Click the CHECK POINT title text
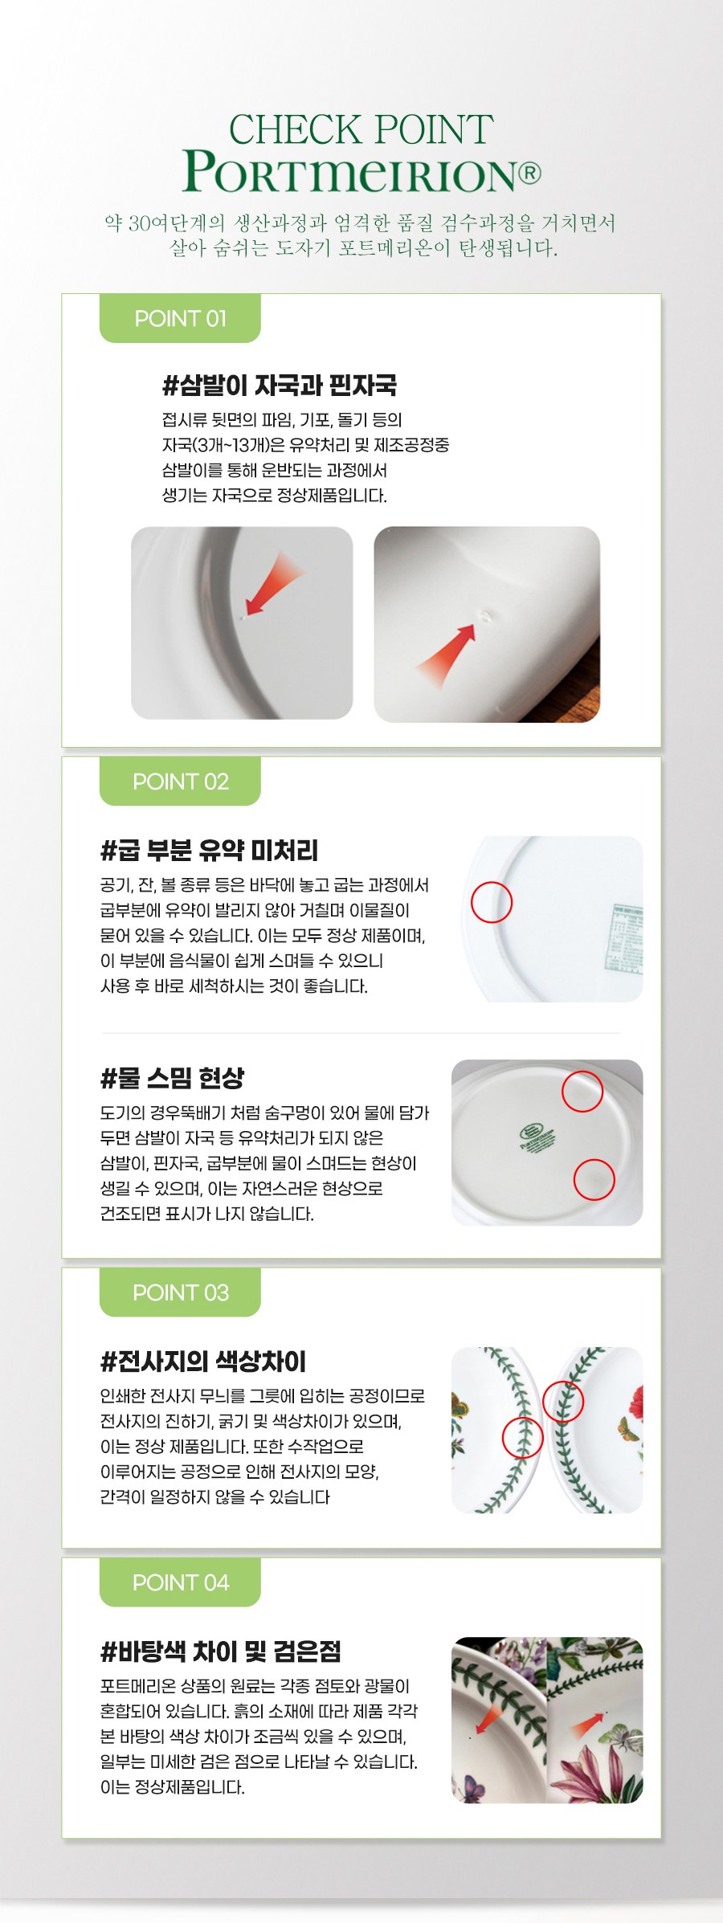[361, 129]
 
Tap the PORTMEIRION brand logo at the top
[361, 171]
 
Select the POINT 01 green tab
[180, 318]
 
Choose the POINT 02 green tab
[180, 781]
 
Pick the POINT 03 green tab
[180, 1292]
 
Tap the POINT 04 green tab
[180, 1582]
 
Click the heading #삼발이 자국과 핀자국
[280, 386]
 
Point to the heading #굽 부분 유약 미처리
[210, 850]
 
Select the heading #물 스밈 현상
[172, 1078]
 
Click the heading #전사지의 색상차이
[203, 1362]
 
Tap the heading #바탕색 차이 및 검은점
[221, 1651]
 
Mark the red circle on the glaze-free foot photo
[492, 902]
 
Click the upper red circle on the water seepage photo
[582, 1091]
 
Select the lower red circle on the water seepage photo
[594, 1179]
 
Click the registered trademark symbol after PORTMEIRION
[529, 173]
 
